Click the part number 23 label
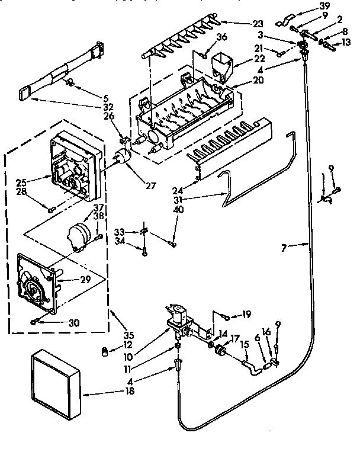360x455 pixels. pos(258,24)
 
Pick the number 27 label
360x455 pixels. pos(150,185)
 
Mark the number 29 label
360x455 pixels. pos(85,279)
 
